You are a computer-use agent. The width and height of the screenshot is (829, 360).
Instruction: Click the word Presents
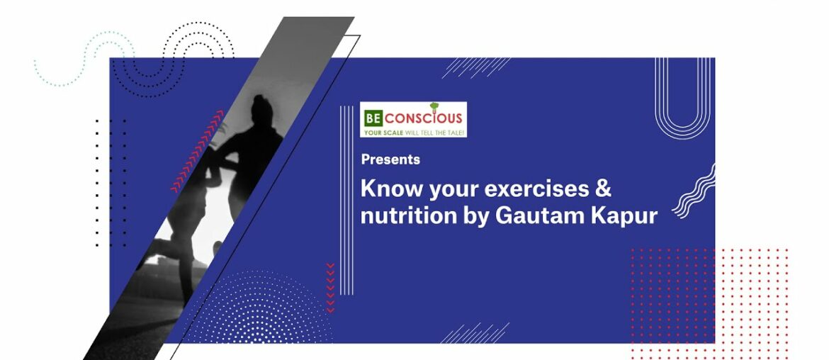pos(390,159)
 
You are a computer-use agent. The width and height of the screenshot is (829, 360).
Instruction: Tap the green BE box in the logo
pos(372,118)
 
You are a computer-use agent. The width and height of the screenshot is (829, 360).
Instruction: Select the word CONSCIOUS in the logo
pos(423,118)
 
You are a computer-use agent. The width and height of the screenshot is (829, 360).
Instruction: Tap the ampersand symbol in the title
pos(603,189)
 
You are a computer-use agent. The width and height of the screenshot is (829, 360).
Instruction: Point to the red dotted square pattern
pos(709,298)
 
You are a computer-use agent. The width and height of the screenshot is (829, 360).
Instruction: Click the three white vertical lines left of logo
pos(346,198)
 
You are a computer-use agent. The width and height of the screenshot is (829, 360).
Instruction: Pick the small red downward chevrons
pos(330,287)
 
